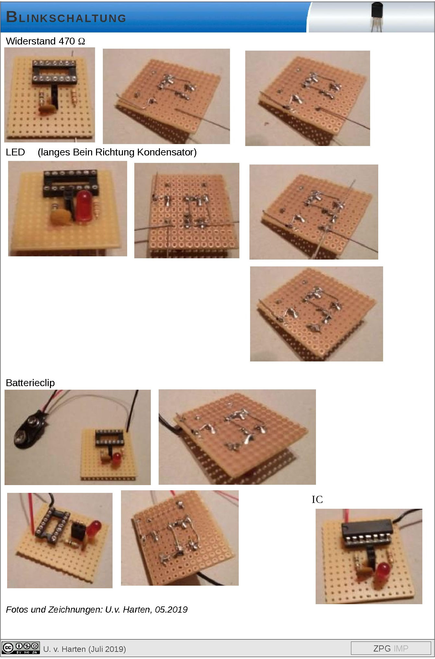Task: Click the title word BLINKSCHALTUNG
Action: pos(66,17)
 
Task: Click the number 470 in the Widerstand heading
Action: pos(67,41)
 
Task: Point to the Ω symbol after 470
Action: pos(81,42)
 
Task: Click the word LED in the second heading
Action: pos(15,152)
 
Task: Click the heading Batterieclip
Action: pos(30,383)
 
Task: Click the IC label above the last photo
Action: pos(317,499)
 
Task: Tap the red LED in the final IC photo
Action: pos(383,571)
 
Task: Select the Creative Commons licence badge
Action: pos(21,648)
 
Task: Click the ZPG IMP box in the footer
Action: pos(391,648)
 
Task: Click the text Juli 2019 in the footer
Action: pos(107,649)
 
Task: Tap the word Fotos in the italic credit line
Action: pos(17,610)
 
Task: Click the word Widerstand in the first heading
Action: pos(31,41)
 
